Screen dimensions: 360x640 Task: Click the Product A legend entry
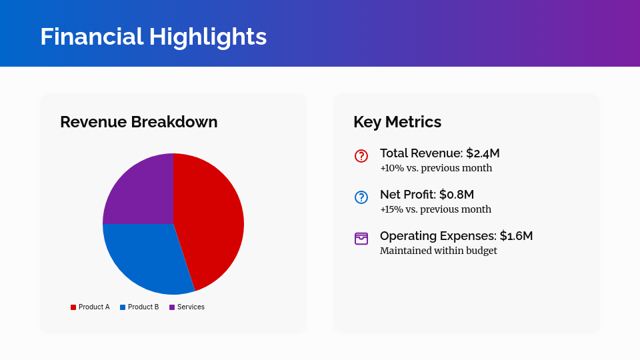90,307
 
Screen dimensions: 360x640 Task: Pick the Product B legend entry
139,307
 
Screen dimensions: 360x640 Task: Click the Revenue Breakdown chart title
139,122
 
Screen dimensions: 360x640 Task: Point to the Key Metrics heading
397,122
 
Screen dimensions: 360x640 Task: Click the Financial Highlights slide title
153,37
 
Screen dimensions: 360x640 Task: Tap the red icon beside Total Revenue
361,156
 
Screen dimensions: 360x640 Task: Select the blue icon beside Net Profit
361,197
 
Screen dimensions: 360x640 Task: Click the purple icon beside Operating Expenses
361,239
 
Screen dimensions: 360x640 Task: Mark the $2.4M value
483,153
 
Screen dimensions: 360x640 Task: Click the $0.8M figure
457,195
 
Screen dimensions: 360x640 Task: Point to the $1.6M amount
516,236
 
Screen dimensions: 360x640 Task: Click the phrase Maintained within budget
438,251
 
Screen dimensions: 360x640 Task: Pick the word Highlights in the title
208,37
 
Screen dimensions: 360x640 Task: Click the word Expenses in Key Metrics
471,236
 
